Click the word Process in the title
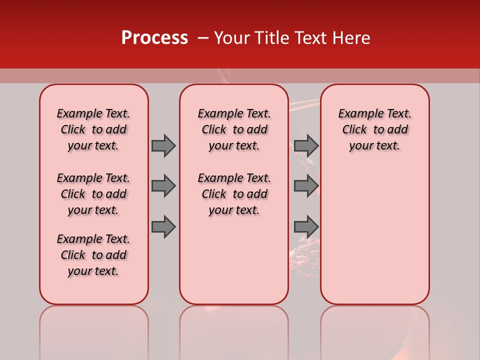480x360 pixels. (154, 38)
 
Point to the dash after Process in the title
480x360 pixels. (203, 38)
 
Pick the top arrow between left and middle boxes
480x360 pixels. (163, 145)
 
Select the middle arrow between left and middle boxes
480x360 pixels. (163, 186)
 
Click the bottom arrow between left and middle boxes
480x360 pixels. (163, 227)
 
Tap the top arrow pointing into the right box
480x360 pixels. (306, 145)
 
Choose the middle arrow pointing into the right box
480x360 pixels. (306, 186)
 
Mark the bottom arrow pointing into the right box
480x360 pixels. (306, 227)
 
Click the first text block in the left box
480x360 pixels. (93, 129)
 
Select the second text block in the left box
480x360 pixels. (93, 194)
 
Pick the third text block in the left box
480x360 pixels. (93, 255)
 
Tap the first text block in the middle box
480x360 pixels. (234, 129)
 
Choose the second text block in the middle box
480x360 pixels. (234, 194)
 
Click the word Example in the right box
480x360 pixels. (357, 113)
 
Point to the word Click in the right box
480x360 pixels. (354, 129)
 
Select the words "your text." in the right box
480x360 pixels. (374, 145)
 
